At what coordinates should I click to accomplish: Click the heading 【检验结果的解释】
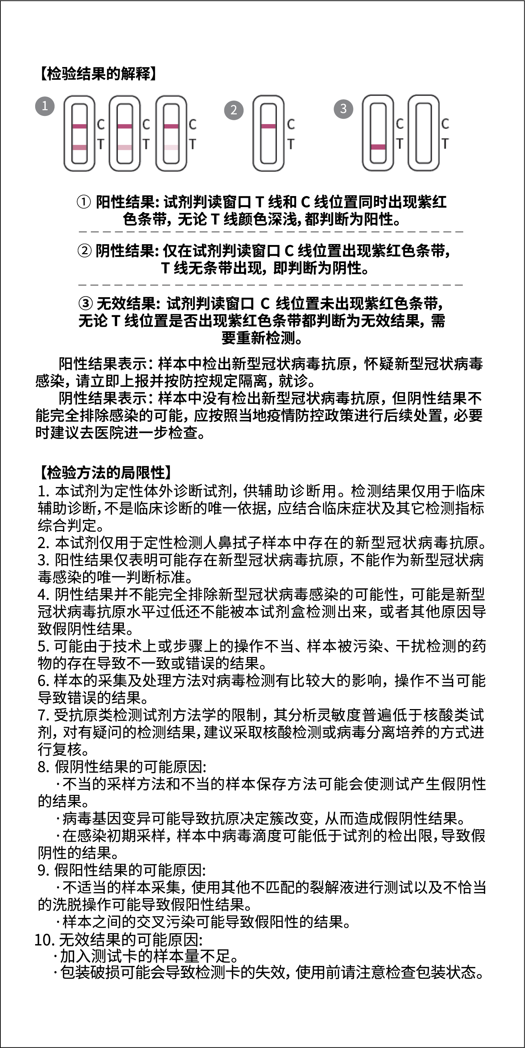click(98, 74)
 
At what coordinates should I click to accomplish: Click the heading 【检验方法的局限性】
click(105, 472)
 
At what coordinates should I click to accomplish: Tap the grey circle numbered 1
click(45, 106)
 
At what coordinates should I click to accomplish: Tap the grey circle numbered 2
click(233, 110)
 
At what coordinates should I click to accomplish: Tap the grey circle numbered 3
click(343, 108)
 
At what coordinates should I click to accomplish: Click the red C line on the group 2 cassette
click(268, 126)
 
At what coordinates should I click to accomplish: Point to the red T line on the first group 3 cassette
click(378, 147)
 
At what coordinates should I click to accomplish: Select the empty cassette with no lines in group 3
click(423, 133)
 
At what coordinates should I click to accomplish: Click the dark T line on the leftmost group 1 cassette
click(80, 147)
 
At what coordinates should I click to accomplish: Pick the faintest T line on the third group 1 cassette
click(171, 147)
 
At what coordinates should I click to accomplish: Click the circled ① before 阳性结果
click(84, 202)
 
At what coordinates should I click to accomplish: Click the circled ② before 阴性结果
click(84, 251)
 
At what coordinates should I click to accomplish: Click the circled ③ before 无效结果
click(85, 303)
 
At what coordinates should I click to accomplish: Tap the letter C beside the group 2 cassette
click(291, 124)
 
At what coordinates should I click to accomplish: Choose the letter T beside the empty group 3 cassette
click(445, 144)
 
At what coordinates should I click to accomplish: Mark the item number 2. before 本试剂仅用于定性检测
click(43, 543)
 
